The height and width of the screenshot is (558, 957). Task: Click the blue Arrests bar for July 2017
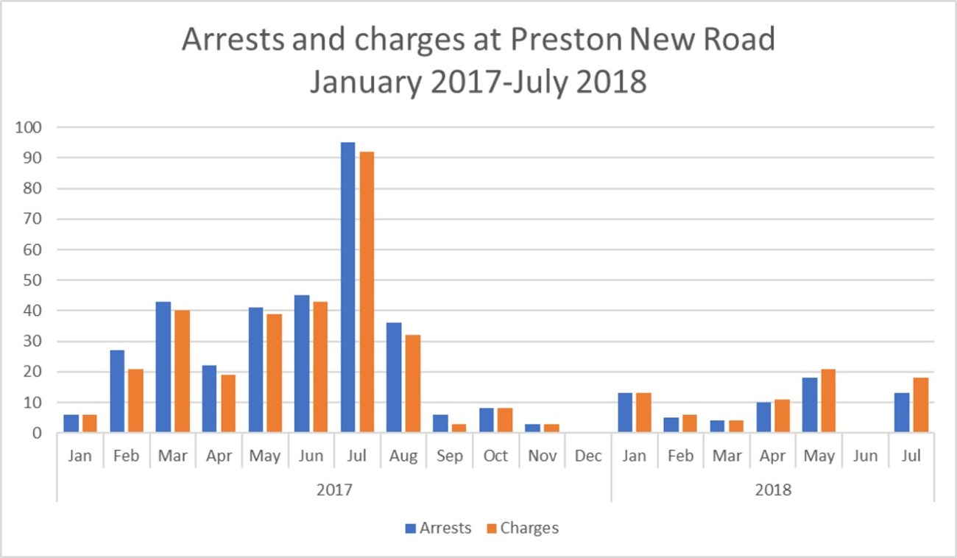click(347, 287)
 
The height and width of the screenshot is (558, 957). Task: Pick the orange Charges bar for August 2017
click(412, 383)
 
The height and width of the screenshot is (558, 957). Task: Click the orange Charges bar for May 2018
click(827, 400)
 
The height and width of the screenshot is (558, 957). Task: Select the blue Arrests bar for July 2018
click(902, 413)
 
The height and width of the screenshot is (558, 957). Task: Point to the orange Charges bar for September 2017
click(459, 428)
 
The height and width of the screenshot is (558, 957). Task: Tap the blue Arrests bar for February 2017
click(116, 391)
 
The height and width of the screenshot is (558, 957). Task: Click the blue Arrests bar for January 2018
click(625, 413)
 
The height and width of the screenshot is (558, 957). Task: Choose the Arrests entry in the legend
click(439, 528)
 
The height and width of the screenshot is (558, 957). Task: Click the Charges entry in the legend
click(523, 528)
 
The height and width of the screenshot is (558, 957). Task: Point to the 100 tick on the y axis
click(29, 127)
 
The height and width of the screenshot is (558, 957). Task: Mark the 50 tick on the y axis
click(33, 280)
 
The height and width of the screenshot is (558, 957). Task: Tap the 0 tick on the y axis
click(37, 434)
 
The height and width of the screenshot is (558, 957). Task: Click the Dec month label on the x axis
click(588, 456)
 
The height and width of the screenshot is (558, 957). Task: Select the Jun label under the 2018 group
click(865, 456)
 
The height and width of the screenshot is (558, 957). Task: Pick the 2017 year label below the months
click(333, 489)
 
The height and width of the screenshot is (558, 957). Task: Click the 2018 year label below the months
click(773, 489)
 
